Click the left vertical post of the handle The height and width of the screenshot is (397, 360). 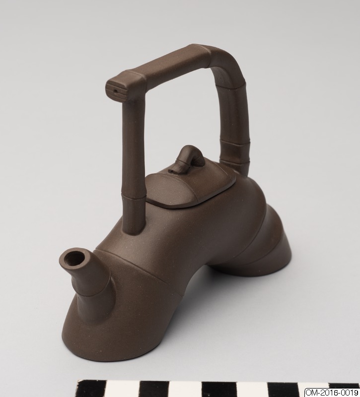[x=133, y=165]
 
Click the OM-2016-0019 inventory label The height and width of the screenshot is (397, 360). [x=332, y=393]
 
